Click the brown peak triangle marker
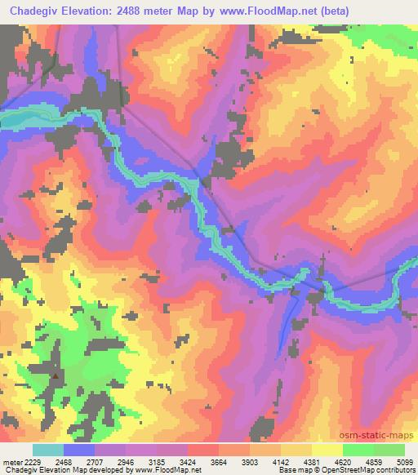pos(56,376)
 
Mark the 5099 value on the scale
pos(404,461)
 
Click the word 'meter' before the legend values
pos(11,461)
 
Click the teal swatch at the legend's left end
pos(47,450)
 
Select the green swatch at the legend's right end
pos(389,450)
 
